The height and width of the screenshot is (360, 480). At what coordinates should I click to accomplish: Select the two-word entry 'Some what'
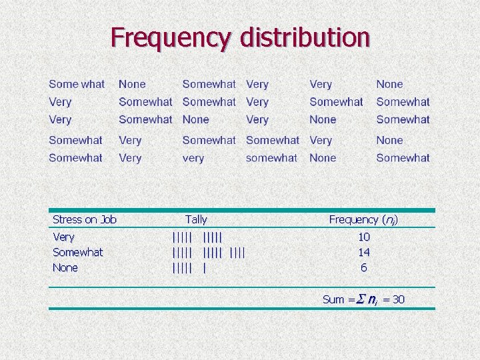click(77, 84)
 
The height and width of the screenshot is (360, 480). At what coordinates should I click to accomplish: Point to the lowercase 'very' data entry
click(193, 158)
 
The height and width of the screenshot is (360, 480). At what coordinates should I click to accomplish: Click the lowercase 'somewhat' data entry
click(271, 158)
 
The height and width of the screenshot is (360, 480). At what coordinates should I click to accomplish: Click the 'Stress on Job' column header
click(85, 219)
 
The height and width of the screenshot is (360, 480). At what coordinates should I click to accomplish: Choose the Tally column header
click(196, 219)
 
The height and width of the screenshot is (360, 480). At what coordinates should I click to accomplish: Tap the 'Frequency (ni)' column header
click(363, 219)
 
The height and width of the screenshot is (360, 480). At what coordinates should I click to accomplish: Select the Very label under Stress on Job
click(64, 237)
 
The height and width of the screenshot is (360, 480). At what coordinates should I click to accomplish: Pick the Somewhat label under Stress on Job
click(77, 252)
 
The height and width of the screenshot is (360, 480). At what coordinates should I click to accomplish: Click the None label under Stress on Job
click(65, 267)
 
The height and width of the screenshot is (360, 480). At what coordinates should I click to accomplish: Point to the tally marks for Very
click(197, 237)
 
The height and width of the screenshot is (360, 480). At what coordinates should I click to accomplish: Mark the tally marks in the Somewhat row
click(209, 252)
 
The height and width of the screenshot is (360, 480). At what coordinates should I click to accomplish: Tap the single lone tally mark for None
click(204, 267)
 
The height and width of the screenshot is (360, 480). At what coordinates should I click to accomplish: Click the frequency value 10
click(363, 237)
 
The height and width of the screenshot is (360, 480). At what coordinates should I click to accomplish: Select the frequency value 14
click(363, 252)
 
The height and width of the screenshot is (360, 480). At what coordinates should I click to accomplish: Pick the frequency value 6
click(363, 267)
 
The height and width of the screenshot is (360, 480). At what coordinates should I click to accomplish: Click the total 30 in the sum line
click(398, 299)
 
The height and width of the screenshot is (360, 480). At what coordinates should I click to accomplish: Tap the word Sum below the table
click(333, 299)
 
